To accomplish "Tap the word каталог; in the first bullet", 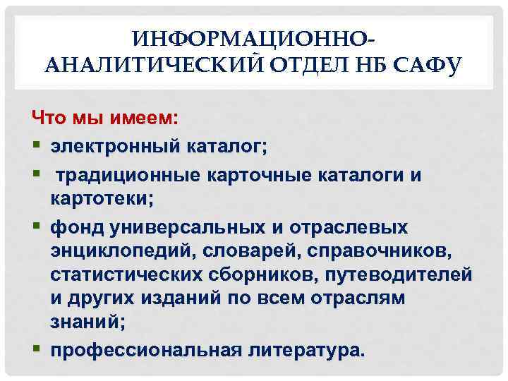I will tap(227, 147).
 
